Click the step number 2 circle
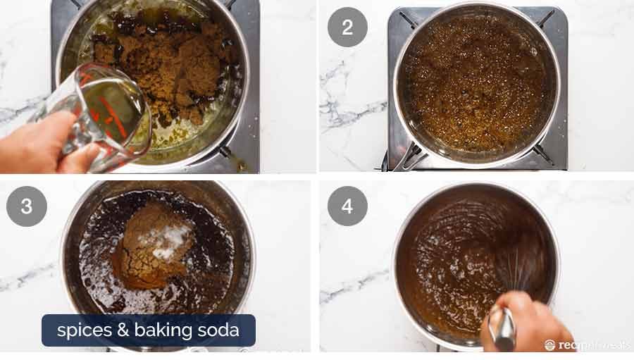pos(347,27)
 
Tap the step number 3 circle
pos(27,206)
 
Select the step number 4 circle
pos(347,206)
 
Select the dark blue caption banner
pos(148,330)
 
